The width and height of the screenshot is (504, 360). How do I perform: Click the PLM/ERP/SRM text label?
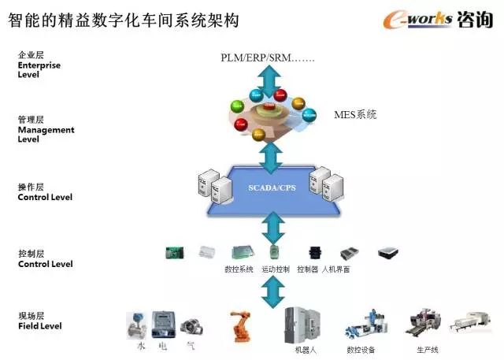click(268, 58)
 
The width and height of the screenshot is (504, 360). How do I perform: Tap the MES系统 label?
click(355, 115)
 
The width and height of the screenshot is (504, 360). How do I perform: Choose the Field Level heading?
click(39, 321)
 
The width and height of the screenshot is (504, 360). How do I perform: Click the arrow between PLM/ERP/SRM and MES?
click(270, 81)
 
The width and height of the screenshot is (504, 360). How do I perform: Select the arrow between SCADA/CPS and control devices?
click(272, 228)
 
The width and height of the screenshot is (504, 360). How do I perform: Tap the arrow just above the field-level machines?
click(272, 291)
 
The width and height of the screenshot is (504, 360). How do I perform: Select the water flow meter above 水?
click(136, 325)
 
